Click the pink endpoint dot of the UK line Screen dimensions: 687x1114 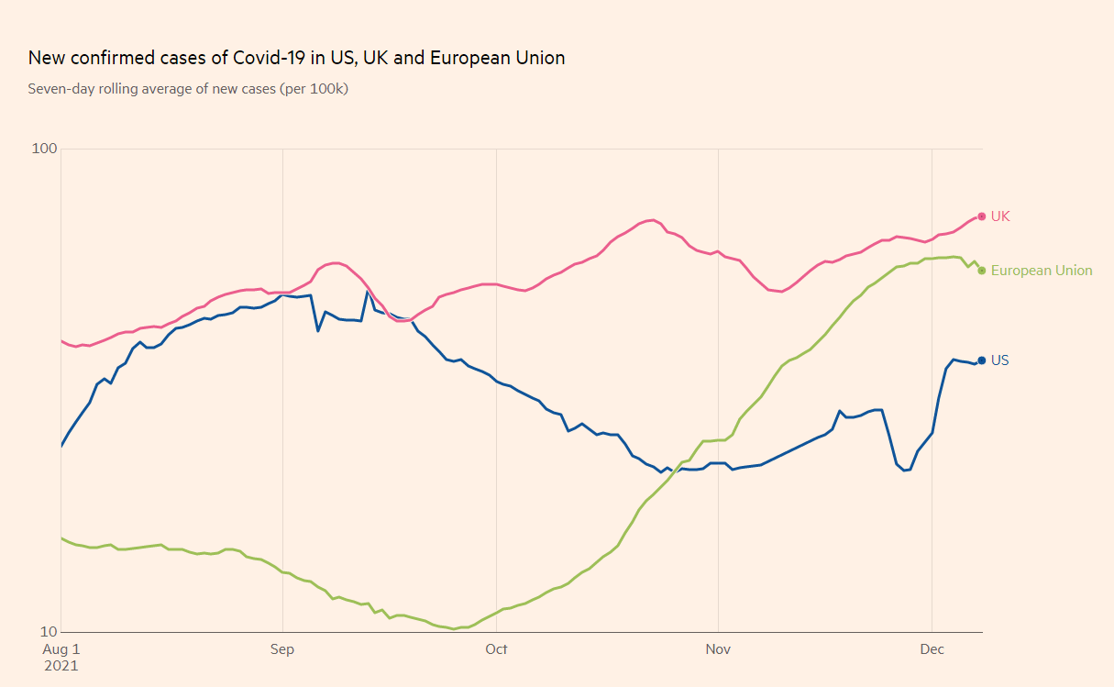[982, 216]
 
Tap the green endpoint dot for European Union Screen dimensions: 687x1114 [982, 271]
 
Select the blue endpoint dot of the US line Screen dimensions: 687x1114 [982, 360]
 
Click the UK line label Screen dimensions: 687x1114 [1000, 216]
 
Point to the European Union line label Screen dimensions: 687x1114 [1042, 271]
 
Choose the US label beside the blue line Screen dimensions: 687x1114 [1000, 360]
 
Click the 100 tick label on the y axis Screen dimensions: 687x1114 [44, 149]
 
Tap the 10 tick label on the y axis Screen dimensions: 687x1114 [50, 632]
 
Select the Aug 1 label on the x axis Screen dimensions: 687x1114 [62, 649]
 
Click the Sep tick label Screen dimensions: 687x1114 [282, 649]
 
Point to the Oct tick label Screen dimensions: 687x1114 [496, 649]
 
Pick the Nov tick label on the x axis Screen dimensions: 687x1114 [718, 649]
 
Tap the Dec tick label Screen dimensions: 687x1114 [932, 649]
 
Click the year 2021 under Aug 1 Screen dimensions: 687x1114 [62, 666]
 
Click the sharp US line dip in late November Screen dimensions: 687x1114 [905, 471]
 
